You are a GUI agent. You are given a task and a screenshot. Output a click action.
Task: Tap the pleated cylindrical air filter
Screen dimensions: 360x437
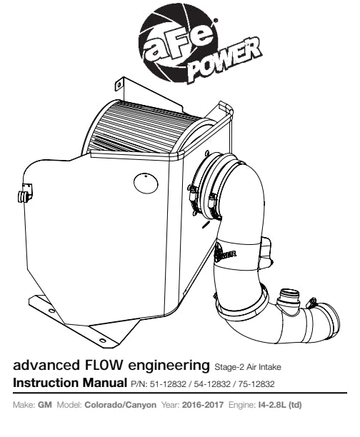(x=145, y=129)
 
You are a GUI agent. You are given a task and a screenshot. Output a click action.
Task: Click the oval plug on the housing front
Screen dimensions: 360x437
(x=146, y=183)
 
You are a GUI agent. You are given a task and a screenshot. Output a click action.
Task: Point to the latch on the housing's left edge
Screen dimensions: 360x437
(x=25, y=194)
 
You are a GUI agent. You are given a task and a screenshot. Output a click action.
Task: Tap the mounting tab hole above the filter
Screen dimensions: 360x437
(x=119, y=84)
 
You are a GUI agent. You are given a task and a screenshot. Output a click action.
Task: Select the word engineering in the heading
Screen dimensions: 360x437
(x=169, y=366)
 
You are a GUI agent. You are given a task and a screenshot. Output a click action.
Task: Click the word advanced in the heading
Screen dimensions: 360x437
(x=46, y=365)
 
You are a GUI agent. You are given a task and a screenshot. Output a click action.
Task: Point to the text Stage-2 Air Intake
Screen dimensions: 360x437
(x=248, y=367)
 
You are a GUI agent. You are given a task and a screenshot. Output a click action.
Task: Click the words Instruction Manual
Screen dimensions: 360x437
(x=70, y=383)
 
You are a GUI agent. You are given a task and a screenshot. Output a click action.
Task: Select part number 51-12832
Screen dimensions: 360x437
(x=168, y=384)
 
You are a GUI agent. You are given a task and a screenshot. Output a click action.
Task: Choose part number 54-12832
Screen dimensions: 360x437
(x=212, y=384)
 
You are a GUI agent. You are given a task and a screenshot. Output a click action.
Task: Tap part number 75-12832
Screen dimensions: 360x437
(x=256, y=384)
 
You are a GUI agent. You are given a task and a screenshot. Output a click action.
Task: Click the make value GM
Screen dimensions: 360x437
(x=45, y=405)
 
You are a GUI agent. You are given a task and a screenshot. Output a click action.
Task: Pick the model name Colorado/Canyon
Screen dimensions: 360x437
(x=120, y=405)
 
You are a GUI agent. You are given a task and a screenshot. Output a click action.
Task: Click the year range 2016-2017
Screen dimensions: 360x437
(x=203, y=405)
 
